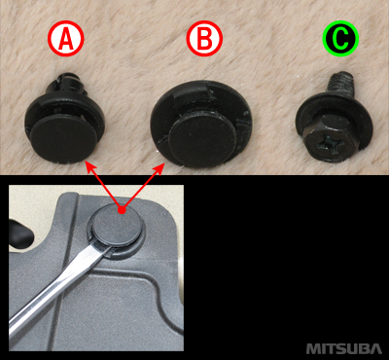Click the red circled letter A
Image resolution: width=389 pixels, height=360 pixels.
pos(66,39)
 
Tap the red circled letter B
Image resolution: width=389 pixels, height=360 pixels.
pos(204,39)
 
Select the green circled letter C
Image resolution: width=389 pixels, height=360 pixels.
pos(340,39)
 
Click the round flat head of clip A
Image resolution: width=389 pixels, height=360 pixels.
pos(65,139)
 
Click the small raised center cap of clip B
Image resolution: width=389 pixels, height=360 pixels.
pos(201,139)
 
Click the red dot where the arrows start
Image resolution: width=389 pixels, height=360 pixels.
pos(122,210)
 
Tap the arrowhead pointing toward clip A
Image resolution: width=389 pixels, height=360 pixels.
pos(89,166)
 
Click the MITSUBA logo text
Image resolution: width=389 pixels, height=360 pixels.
pos(344,348)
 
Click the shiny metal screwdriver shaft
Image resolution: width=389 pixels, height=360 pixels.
pos(58,292)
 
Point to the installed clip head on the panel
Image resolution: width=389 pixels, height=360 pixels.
pos(118,224)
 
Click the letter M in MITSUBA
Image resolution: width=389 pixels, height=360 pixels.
pos(312,348)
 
